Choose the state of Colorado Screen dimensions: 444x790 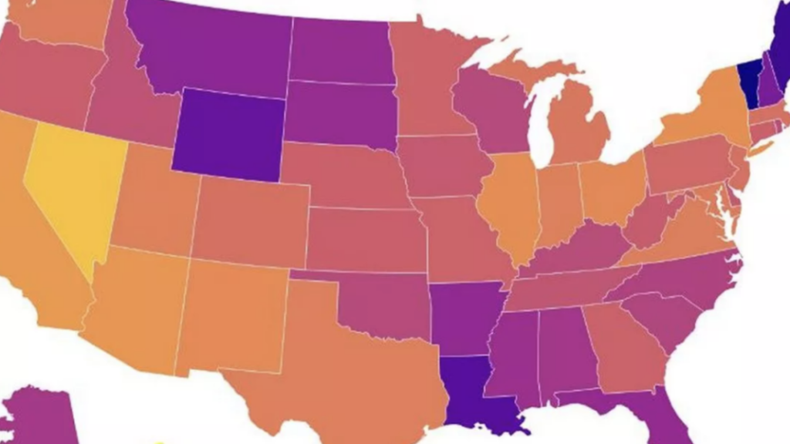[251, 220]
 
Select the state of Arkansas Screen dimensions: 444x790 [463, 316]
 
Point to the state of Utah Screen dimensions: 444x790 [154, 204]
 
